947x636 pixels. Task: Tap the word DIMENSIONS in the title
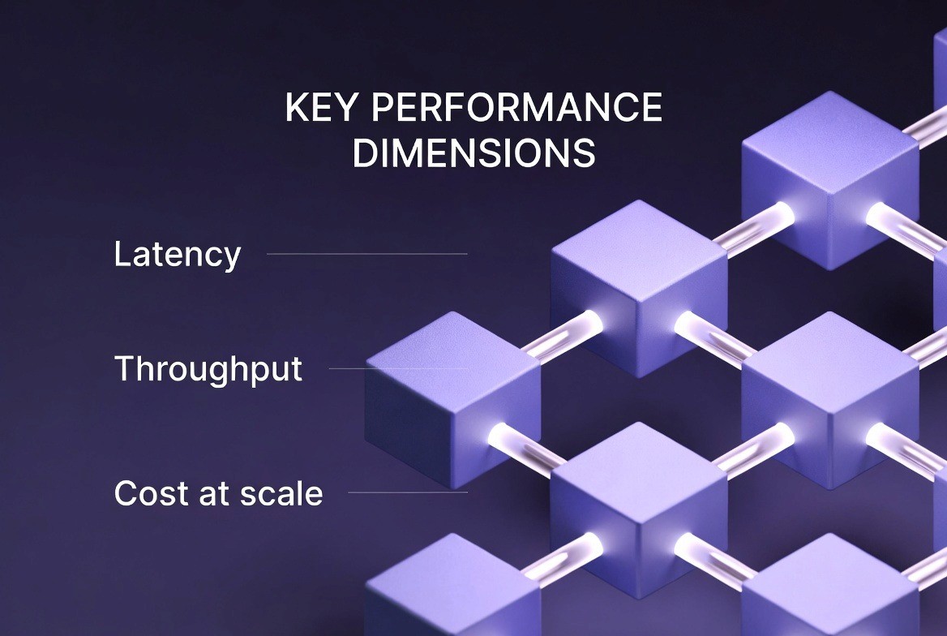click(474, 153)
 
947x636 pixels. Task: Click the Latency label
click(178, 255)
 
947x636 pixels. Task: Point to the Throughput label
click(208, 370)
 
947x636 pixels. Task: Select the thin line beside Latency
click(366, 254)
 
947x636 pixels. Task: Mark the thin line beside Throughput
click(397, 368)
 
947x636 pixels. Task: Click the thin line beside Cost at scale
click(407, 492)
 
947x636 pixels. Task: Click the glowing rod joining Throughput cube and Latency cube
click(559, 335)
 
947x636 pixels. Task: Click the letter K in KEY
click(296, 109)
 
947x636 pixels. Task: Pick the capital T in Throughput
click(123, 369)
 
